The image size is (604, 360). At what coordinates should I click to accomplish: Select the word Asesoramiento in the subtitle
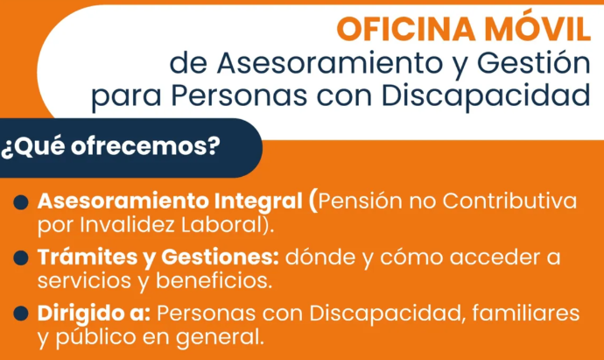tap(330, 63)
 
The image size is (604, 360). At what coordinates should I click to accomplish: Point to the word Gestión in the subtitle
tap(533, 63)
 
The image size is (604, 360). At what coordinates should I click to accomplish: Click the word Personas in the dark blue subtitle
tap(239, 95)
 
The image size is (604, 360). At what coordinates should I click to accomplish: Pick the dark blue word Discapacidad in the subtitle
tap(486, 95)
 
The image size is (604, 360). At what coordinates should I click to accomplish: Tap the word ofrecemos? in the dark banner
tap(145, 146)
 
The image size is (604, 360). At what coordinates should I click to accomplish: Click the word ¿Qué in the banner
tap(32, 147)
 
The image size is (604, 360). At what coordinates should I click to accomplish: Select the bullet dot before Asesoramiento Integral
tap(21, 202)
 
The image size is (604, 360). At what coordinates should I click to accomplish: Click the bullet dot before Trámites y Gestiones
tap(21, 258)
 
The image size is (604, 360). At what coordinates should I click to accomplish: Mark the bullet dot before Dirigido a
tap(21, 314)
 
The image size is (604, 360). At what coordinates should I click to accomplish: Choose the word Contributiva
tap(509, 201)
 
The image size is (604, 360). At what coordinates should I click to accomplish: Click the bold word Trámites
tap(88, 257)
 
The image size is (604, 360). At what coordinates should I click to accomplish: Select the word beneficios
tap(214, 280)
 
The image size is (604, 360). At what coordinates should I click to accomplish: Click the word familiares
tap(526, 312)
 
